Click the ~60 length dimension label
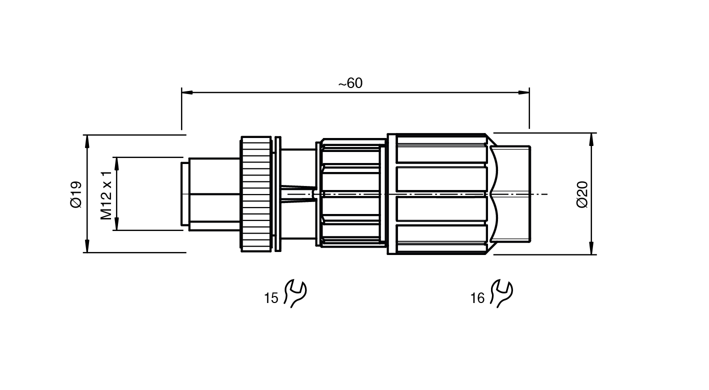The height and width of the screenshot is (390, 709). click(x=350, y=83)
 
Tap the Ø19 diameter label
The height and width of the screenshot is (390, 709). click(x=76, y=194)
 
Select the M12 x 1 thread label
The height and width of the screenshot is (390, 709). click(x=106, y=195)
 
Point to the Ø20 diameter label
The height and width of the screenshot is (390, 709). click(x=582, y=194)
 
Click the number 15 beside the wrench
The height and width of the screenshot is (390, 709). click(x=271, y=298)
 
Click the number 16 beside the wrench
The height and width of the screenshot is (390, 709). click(x=477, y=298)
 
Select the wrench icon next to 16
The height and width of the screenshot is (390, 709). click(x=501, y=293)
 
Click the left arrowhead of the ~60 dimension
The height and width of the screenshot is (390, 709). click(x=187, y=92)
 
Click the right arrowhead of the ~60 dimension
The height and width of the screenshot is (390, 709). click(x=524, y=92)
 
